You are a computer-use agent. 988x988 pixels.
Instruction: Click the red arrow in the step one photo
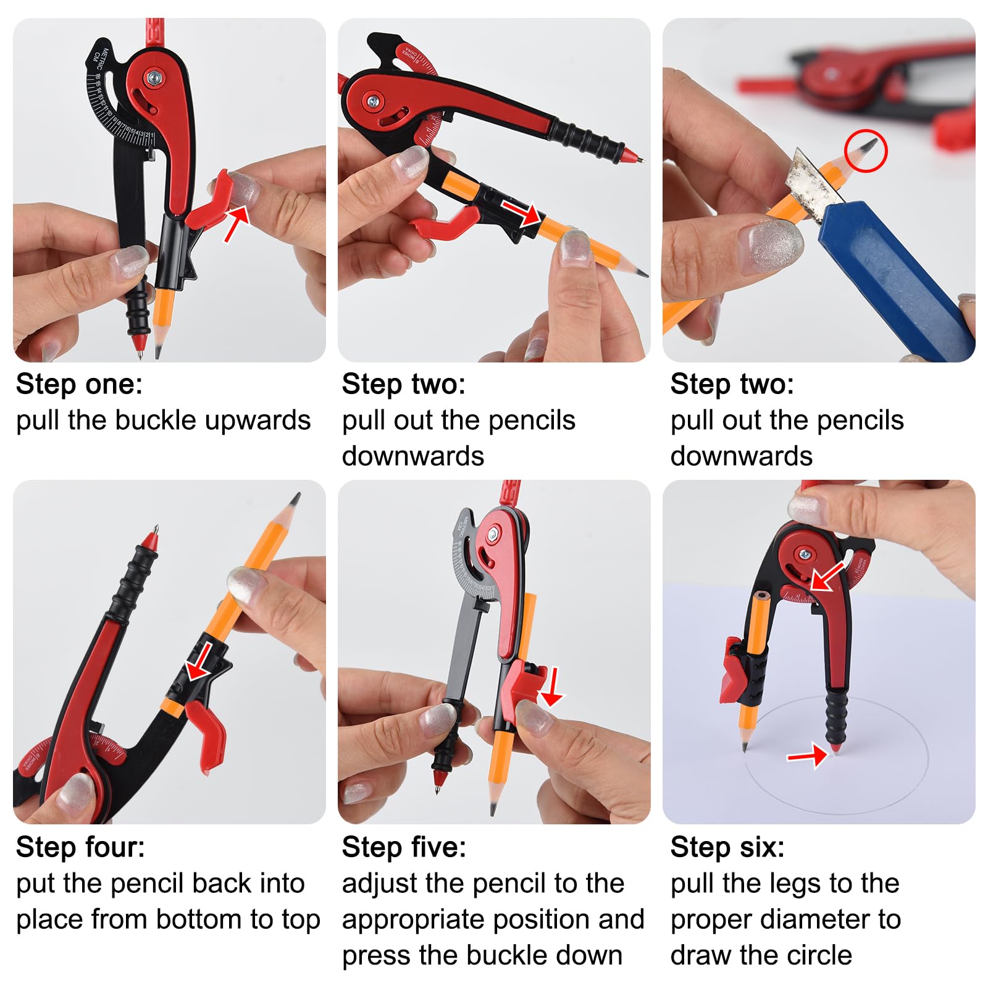pos(237,222)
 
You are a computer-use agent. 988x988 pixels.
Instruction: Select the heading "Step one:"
pos(79,384)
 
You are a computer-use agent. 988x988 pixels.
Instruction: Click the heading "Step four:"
pos(80,847)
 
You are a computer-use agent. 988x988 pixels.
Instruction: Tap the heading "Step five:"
pos(404,847)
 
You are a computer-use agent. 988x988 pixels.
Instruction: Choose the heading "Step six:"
pos(727,847)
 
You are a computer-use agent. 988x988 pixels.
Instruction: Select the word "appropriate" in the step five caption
pos(456,920)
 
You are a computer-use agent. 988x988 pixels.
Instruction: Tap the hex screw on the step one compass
pos(153,77)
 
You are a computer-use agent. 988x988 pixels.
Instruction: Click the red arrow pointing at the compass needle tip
pos(807,755)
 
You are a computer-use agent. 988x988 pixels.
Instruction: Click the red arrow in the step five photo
pos(551,687)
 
